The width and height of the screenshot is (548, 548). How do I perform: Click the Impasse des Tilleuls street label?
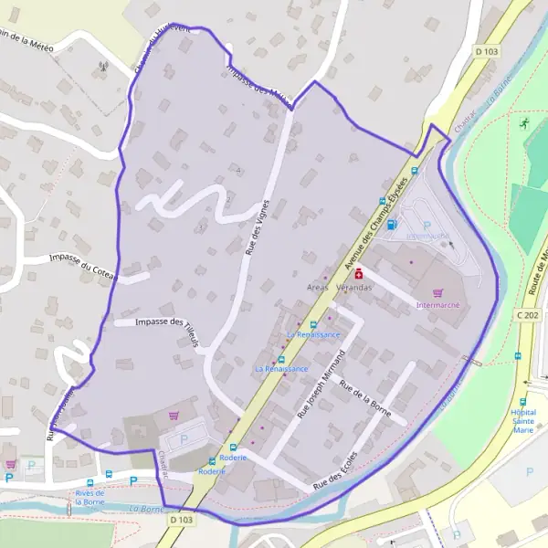pos(165,321)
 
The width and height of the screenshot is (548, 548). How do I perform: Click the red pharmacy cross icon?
pos(359,272)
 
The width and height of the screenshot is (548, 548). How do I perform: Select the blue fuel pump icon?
pos(392,224)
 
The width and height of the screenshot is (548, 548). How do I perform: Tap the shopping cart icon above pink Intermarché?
pos(438,292)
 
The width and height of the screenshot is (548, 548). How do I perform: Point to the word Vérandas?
pos(354,288)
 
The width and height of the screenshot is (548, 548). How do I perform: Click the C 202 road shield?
pos(526,314)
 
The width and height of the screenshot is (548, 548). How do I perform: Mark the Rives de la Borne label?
pos(90,498)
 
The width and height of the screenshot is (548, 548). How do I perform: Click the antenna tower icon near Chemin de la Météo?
pos(103,66)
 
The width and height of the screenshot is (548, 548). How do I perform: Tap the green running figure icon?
pos(524,122)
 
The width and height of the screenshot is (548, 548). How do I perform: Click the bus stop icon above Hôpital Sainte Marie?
pos(523,400)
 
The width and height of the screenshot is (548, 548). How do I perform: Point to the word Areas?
pos(318,288)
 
